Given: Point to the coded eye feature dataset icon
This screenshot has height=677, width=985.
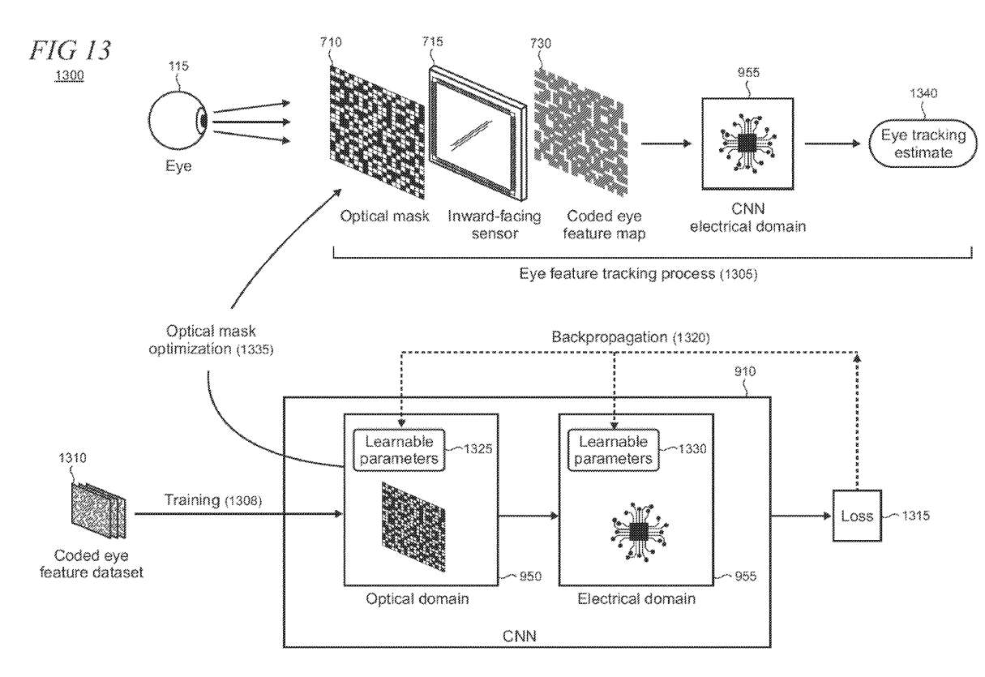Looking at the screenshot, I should point(96,512).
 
